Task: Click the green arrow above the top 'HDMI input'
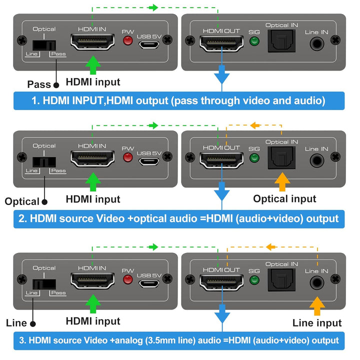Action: click(x=92, y=65)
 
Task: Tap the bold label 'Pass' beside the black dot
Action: click(x=39, y=84)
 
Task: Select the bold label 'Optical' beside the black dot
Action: click(x=21, y=201)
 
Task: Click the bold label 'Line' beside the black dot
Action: click(x=17, y=323)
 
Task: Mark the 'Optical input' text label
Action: click(x=284, y=198)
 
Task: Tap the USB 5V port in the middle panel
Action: click(x=150, y=160)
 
